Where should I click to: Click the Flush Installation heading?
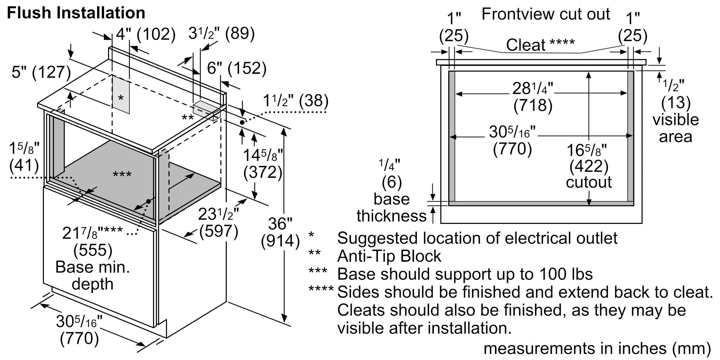[76, 13]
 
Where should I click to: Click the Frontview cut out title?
[545, 14]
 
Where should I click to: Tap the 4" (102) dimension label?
[145, 35]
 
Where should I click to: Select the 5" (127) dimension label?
[41, 72]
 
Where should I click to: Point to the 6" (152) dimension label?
[237, 68]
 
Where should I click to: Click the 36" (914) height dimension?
[280, 232]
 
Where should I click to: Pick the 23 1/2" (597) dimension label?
[218, 223]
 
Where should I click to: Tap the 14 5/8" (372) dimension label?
[263, 164]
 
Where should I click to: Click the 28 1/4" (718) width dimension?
[533, 96]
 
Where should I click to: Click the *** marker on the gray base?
[122, 175]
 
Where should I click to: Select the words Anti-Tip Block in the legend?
[389, 256]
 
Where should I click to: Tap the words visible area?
[675, 128]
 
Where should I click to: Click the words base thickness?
[391, 207]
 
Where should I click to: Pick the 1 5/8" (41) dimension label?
[24, 157]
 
